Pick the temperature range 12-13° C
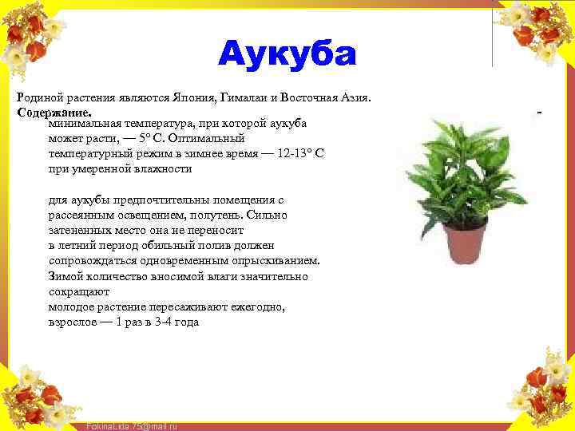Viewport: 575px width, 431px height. point(296,154)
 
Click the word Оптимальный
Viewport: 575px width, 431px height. point(208,139)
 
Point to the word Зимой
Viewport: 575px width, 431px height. point(65,276)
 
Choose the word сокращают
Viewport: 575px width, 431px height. point(78,292)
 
